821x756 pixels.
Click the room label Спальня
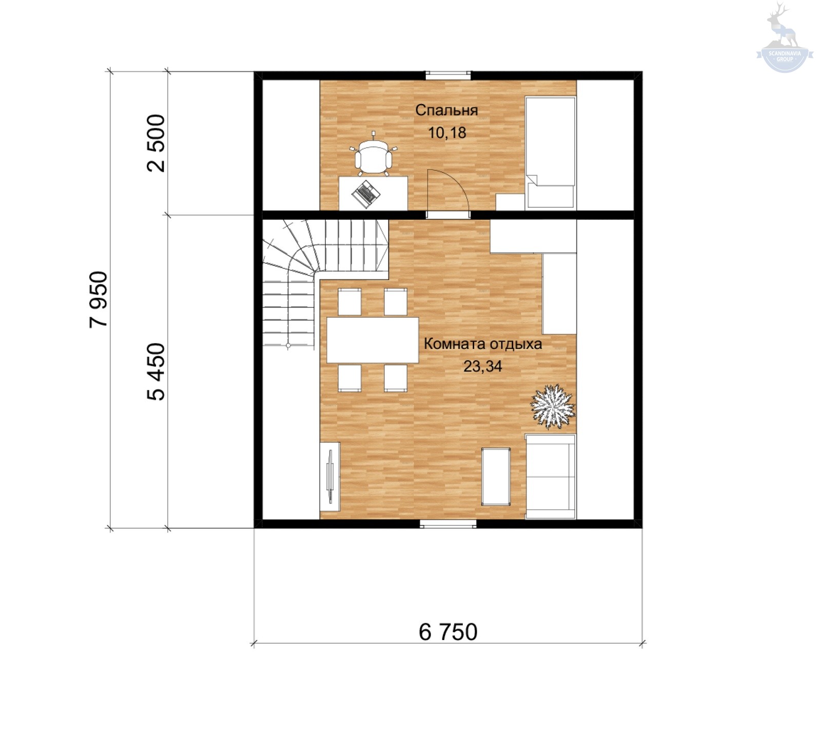pos(446,110)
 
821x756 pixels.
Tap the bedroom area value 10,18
pos(447,133)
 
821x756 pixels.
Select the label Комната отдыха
pos(482,344)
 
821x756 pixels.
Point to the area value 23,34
pos(482,366)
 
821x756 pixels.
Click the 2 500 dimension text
pos(157,143)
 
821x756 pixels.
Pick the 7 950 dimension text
pos(99,299)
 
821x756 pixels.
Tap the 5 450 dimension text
pos(157,372)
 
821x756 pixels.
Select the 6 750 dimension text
pos(448,632)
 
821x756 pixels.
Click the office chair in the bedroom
pos(374,154)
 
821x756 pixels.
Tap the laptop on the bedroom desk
pos(366,194)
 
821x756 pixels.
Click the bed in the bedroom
pos(550,152)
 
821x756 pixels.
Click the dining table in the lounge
pos(373,340)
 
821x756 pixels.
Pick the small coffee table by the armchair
pos(496,476)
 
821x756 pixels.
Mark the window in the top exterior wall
pos(448,75)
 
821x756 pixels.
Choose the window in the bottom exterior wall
pos(448,524)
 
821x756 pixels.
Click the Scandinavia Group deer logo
pos(784,38)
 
